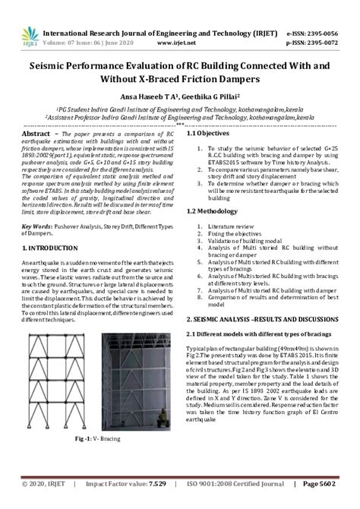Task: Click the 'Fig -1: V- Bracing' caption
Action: pos(98,439)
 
